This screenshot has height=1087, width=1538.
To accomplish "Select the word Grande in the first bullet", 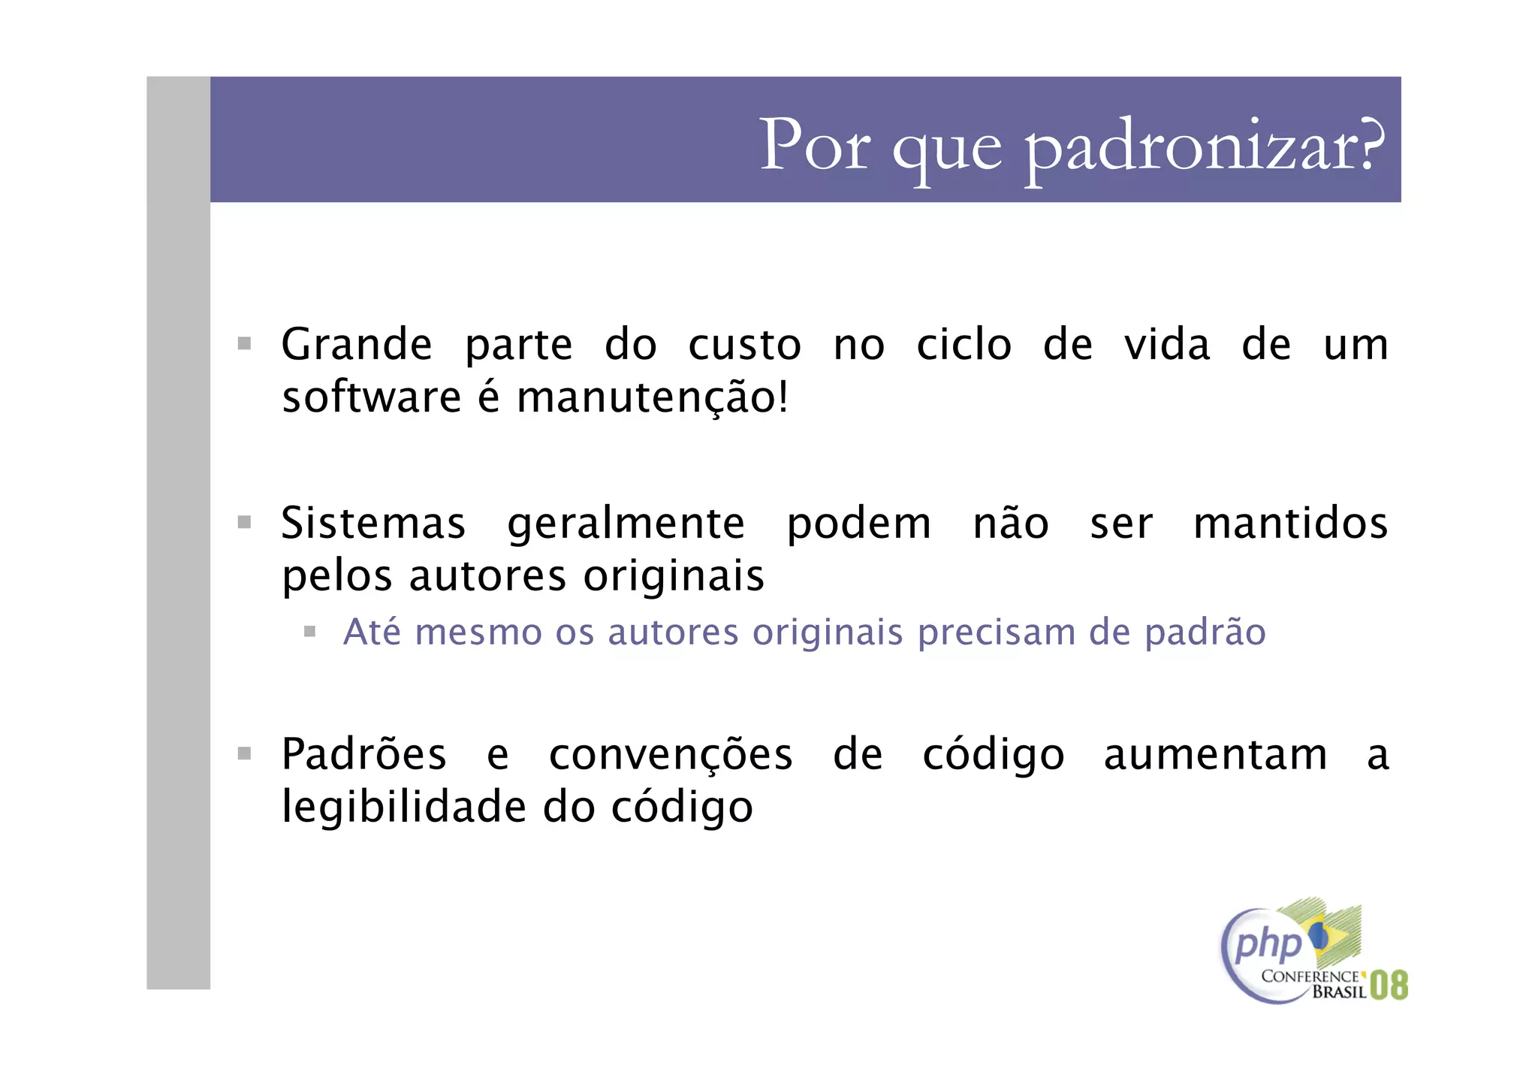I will pyautogui.click(x=357, y=345).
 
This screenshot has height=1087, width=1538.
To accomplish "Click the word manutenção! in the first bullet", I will pyautogui.click(x=653, y=397).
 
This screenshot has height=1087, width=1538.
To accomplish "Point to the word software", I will pyautogui.click(x=371, y=397).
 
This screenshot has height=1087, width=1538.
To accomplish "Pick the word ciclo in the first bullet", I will pyautogui.click(x=964, y=345).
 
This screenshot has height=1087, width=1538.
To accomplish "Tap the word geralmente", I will pyautogui.click(x=626, y=524).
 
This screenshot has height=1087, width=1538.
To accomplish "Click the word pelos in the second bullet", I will pyautogui.click(x=337, y=577).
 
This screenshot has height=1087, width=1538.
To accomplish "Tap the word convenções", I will pyautogui.click(x=671, y=755).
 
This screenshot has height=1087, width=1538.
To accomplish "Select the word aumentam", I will pyautogui.click(x=1215, y=754).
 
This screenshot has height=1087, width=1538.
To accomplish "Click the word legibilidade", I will pyautogui.click(x=404, y=808).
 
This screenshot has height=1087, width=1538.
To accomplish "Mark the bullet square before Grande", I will pyautogui.click(x=244, y=344).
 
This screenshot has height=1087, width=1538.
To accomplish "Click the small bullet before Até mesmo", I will pyautogui.click(x=309, y=632).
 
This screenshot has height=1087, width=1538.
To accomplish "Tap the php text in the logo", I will pyautogui.click(x=1268, y=946).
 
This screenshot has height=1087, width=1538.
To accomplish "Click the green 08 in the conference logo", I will pyautogui.click(x=1389, y=985).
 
